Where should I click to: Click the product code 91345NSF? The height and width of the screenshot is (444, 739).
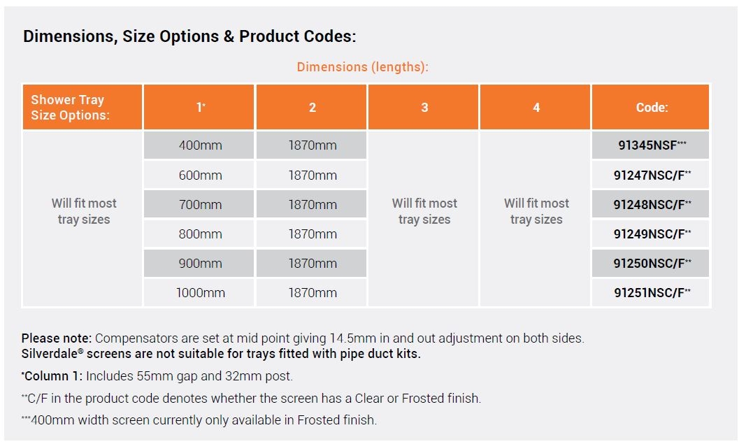click(x=647, y=145)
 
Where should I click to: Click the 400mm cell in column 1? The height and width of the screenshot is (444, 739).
click(x=200, y=145)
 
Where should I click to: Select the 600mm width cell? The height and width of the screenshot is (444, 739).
click(x=200, y=175)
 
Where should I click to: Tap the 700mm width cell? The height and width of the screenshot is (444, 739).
click(x=200, y=205)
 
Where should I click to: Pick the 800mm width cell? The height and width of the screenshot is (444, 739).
click(x=200, y=234)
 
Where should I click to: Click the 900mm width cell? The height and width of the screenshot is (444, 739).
click(x=200, y=264)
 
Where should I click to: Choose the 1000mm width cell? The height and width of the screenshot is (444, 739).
click(x=200, y=293)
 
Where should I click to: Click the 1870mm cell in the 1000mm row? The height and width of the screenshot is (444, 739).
click(x=313, y=293)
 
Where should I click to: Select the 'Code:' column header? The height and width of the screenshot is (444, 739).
click(x=652, y=107)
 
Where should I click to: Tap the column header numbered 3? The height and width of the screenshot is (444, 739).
click(x=424, y=107)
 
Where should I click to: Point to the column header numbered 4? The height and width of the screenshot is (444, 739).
click(x=536, y=107)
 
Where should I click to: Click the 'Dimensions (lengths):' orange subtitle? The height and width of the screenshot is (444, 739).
click(x=362, y=67)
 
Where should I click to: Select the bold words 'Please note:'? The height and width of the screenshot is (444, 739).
click(x=57, y=338)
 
